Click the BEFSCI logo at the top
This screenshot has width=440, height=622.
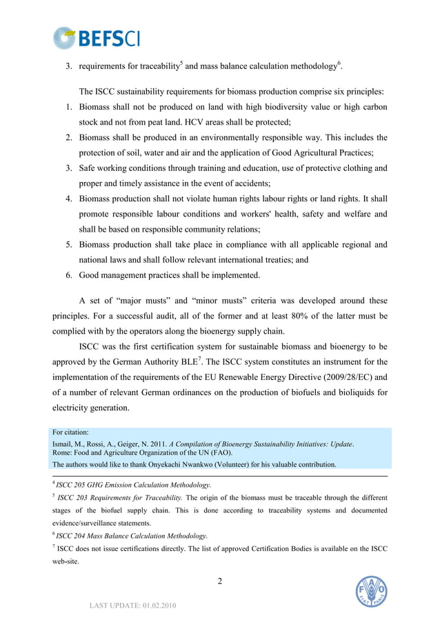point(97,38)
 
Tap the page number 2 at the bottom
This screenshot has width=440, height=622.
point(220,581)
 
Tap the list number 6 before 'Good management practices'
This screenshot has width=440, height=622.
point(69,275)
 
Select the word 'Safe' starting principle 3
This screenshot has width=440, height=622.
point(90,168)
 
